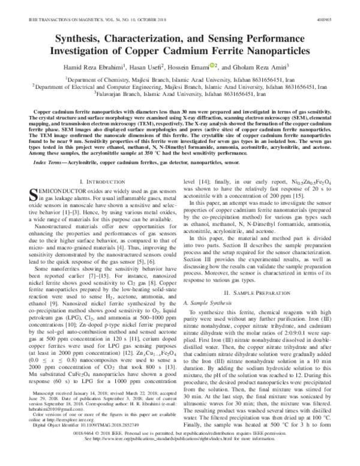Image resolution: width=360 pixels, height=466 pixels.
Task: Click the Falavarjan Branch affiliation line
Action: pyautogui.click(x=180, y=94)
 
